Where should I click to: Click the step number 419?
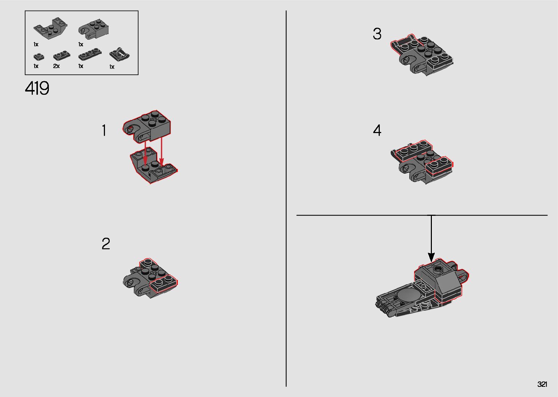point(37,88)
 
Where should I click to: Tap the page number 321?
point(542,384)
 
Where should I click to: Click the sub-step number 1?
point(104,131)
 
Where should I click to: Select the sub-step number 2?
point(106,244)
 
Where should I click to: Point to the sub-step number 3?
point(377,34)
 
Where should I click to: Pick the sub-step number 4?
point(377,130)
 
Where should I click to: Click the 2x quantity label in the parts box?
point(56,66)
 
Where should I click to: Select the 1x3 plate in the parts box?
point(90,54)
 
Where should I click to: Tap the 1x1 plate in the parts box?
point(39,57)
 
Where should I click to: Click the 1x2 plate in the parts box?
point(62,56)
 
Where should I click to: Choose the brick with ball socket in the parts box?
point(94,30)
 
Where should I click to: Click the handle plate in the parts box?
point(120,54)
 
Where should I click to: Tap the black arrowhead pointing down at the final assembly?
point(431,257)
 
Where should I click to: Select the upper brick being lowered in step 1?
point(147,127)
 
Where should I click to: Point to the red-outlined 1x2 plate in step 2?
point(163,284)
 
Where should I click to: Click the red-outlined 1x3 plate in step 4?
point(414,151)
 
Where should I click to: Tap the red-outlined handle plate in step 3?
point(403,45)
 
